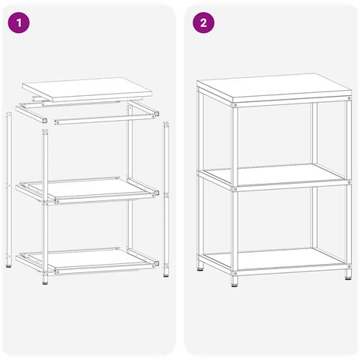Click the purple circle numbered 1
[x=19, y=22]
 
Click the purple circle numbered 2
[x=203, y=22]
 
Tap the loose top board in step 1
[x=87, y=89]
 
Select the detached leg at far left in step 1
[x=9, y=190]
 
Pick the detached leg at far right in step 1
[x=166, y=199]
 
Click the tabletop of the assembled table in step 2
[x=274, y=88]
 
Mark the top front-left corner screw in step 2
[x=235, y=105]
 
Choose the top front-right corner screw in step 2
[x=349, y=98]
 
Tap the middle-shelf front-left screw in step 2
[x=235, y=189]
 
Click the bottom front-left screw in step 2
[x=235, y=274]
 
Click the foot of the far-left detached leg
[x=9, y=266]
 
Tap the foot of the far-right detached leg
[x=166, y=275]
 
